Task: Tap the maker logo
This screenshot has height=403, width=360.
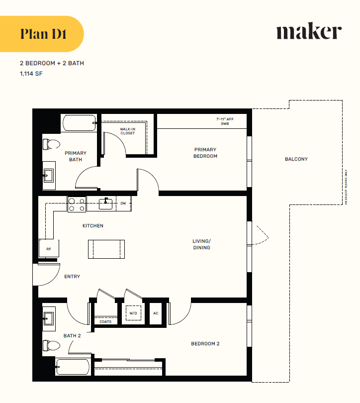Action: (309, 32)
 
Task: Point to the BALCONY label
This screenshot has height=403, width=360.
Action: (296, 159)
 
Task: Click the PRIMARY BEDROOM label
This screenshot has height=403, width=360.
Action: (205, 153)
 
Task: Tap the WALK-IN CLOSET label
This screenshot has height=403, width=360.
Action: (127, 131)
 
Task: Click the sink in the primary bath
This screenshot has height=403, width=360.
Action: (49, 175)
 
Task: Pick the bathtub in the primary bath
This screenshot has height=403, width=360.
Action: (79, 123)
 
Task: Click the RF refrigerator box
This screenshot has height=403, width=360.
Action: (49, 248)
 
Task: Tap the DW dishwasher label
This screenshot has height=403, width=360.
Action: (123, 203)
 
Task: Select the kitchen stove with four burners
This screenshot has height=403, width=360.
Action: (77, 204)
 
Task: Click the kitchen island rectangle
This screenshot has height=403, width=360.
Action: (106, 249)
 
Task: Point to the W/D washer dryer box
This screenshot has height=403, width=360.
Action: (133, 313)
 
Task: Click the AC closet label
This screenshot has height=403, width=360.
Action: (156, 313)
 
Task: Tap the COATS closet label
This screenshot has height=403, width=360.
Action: (105, 321)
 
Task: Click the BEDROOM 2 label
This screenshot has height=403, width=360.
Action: (205, 344)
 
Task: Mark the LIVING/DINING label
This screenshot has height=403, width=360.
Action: (201, 244)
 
